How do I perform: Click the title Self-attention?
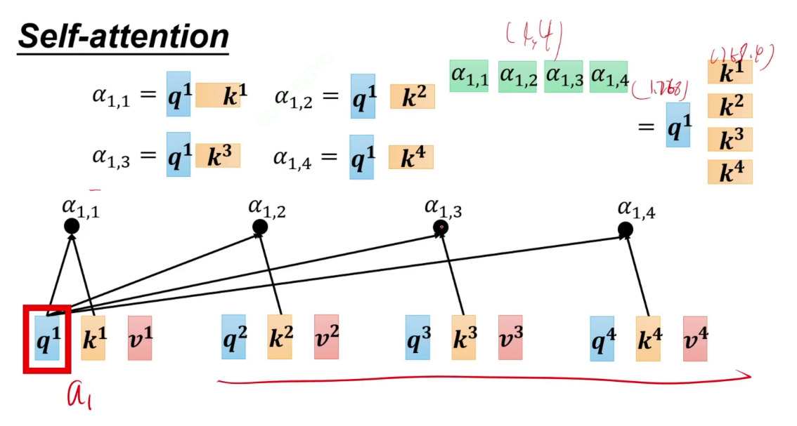(x=123, y=37)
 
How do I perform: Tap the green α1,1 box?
(x=468, y=77)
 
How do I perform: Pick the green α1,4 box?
(x=609, y=77)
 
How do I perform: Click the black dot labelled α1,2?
(x=260, y=227)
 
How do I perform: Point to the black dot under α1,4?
(x=626, y=229)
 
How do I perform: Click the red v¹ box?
(x=140, y=338)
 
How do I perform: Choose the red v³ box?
(x=510, y=338)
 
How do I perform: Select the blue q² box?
(x=234, y=338)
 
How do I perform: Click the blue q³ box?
(x=417, y=338)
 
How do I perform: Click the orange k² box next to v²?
(x=280, y=338)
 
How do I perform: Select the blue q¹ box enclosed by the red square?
(x=47, y=338)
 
